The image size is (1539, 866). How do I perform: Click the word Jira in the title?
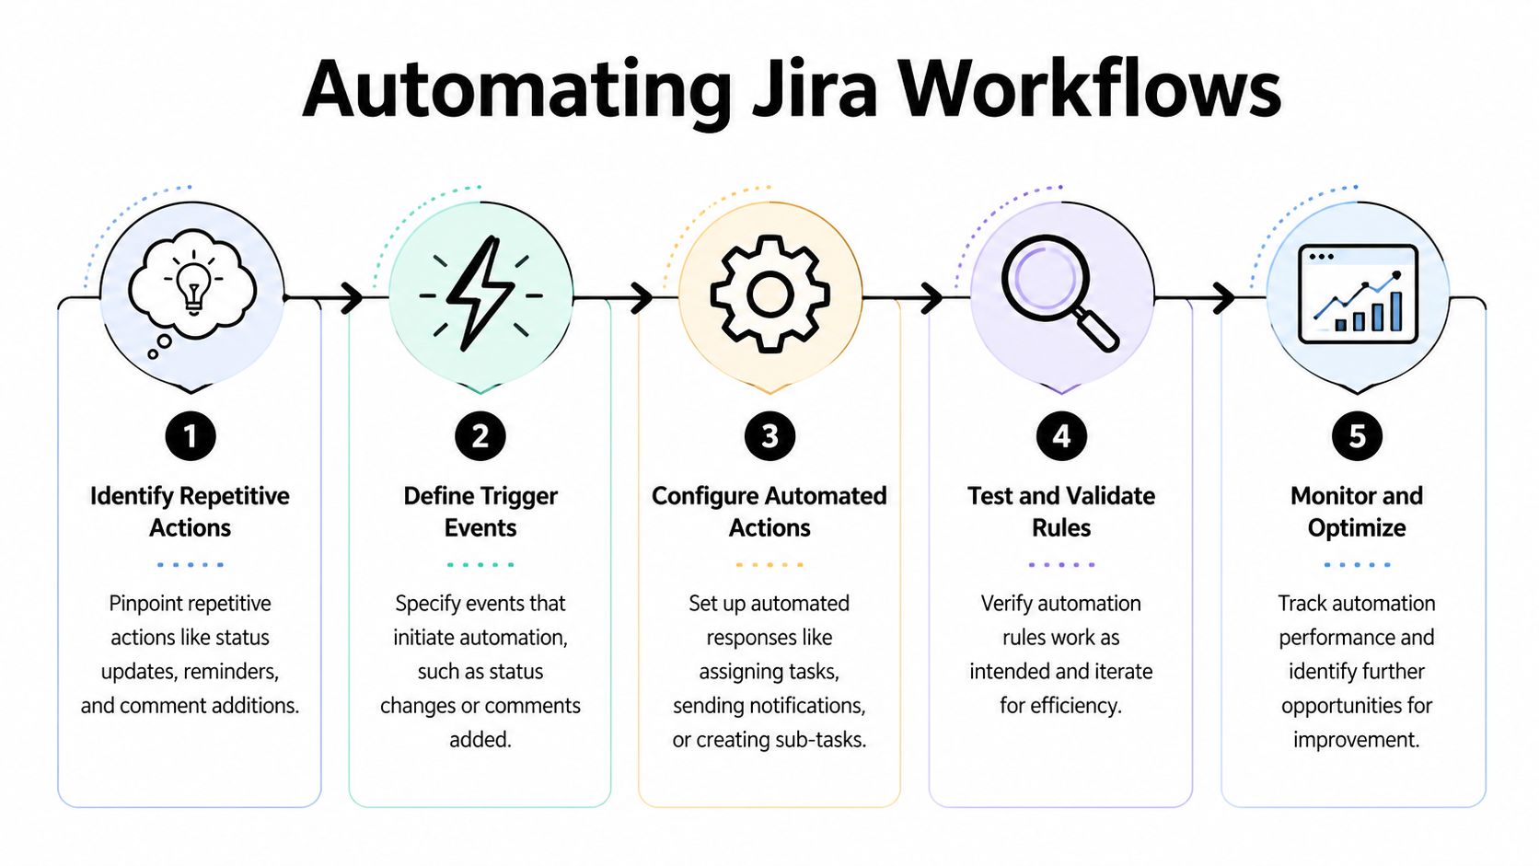pos(815,90)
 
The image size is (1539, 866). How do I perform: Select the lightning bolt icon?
pos(480,294)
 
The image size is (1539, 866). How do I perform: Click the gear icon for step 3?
pos(769,294)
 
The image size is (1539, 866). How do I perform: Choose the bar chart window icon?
pos(1358,294)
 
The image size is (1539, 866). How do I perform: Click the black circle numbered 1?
pos(191,436)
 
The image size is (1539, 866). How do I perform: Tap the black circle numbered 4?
pos(1061,436)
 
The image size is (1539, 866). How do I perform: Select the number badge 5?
pos(1357,436)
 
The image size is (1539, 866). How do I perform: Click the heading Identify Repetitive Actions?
pos(190,512)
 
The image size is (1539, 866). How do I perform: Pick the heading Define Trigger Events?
pos(480,512)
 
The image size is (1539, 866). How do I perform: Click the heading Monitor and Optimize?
pos(1357,512)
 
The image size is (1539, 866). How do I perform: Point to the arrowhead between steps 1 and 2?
pos(353,297)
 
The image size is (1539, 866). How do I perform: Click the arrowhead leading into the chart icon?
pos(1225,297)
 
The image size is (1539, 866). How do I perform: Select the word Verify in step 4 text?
pos(1006,604)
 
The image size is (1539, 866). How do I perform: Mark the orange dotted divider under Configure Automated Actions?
pos(769,564)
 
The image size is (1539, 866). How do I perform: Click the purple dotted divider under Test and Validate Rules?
pos(1061,564)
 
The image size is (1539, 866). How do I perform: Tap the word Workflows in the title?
pos(1090,90)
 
